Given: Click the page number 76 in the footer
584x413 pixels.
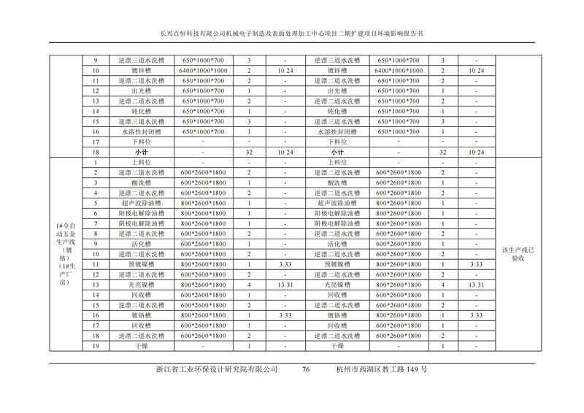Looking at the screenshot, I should pos(306,370).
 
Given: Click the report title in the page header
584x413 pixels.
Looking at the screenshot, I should pos(291,34).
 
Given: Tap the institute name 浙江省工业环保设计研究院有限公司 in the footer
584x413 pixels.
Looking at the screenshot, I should pos(217,370).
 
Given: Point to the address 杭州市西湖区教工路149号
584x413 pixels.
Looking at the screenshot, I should pos(382,370).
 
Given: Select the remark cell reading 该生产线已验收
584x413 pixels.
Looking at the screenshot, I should pos(518,254).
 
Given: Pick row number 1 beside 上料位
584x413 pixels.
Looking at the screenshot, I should pos(96,162).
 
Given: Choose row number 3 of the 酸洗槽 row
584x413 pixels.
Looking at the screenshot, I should pos(96,182).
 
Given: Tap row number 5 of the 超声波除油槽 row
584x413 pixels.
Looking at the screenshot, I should pos(96,203).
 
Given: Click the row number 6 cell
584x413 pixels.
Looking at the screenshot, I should pos(96,213).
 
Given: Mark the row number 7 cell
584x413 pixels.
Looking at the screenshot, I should pos(96,223).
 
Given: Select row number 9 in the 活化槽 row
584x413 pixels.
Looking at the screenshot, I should pos(96,244).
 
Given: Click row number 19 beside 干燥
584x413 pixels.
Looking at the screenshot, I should pos(96,346).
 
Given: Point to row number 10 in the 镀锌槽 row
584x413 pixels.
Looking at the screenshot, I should pos(96,71).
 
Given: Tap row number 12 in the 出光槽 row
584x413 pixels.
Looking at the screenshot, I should pos(96,91).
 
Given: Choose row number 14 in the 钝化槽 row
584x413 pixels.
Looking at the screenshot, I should pos(96,112).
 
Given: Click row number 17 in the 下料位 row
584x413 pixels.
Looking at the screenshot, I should pos(96,142).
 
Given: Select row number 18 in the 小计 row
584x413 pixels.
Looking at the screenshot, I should pos(96,152).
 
